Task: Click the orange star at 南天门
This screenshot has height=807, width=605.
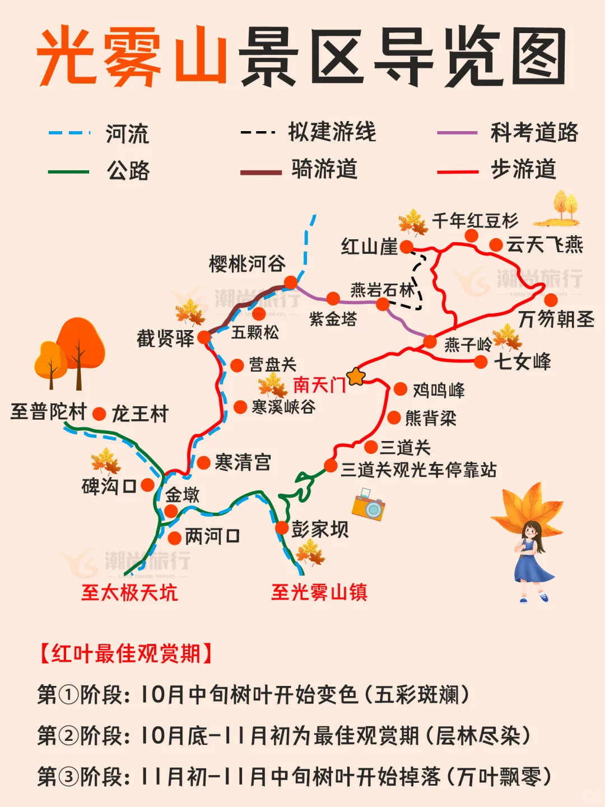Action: pyautogui.click(x=356, y=377)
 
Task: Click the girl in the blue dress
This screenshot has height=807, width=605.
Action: pyautogui.click(x=531, y=560)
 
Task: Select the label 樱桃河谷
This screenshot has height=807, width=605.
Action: pyautogui.click(x=247, y=263)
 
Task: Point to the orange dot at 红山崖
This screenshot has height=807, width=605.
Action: pyautogui.click(x=407, y=247)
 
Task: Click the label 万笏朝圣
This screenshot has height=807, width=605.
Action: pyautogui.click(x=556, y=319)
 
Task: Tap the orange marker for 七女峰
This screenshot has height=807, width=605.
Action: pyautogui.click(x=480, y=362)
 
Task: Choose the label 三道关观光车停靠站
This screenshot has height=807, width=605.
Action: pyautogui.click(x=418, y=470)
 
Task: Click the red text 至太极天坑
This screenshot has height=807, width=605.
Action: pyautogui.click(x=129, y=592)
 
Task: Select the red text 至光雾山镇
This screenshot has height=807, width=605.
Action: pyautogui.click(x=319, y=592)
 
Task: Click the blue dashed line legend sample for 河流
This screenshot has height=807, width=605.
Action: pyautogui.click(x=69, y=133)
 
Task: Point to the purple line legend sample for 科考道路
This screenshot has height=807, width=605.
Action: pyautogui.click(x=457, y=133)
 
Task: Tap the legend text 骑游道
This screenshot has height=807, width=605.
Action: pyautogui.click(x=324, y=169)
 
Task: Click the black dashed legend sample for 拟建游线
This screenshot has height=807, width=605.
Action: pyautogui.click(x=258, y=133)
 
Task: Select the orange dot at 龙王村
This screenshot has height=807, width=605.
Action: pyautogui.click(x=99, y=414)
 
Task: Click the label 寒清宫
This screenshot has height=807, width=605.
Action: pyautogui.click(x=243, y=463)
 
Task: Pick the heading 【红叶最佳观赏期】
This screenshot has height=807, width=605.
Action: pyautogui.click(x=125, y=653)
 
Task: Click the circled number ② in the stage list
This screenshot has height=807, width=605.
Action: pyautogui.click(x=69, y=736)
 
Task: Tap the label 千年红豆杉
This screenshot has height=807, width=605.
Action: pyautogui.click(x=475, y=221)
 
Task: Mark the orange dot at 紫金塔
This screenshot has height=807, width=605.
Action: pyautogui.click(x=333, y=298)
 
